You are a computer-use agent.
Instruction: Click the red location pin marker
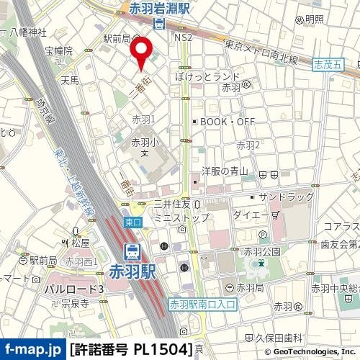[x=142, y=52]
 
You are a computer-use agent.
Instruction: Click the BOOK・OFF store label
[x=228, y=122]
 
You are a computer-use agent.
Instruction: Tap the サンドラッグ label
[x=286, y=197]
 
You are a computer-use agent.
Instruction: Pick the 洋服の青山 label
[x=224, y=171]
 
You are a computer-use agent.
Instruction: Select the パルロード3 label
[x=74, y=289]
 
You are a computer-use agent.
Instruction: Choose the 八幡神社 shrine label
[x=29, y=32]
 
